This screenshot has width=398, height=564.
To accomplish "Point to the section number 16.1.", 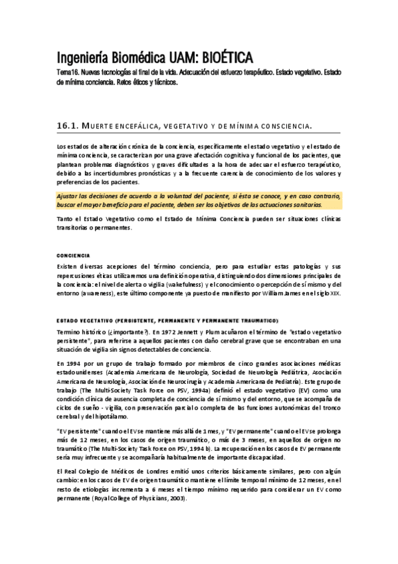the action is coord(68,125).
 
